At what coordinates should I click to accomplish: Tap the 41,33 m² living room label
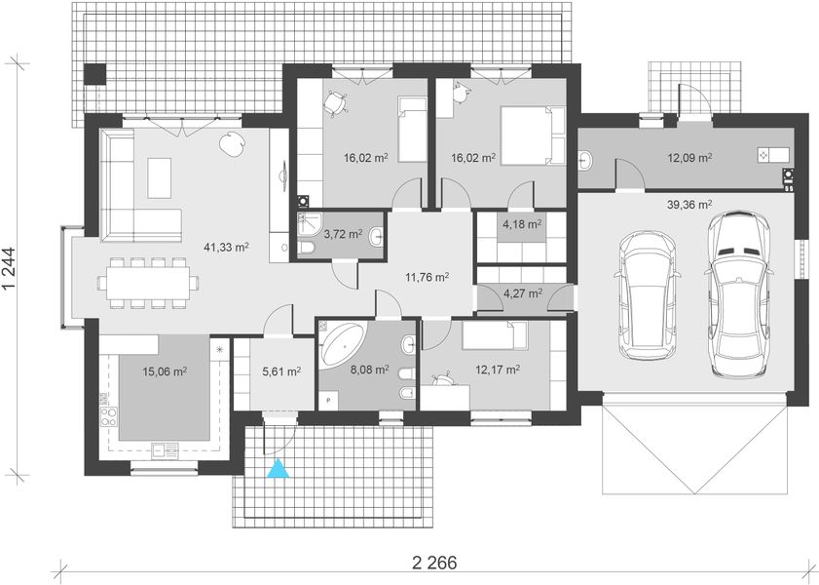coord(226,247)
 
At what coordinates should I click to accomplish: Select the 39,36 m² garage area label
coord(689,205)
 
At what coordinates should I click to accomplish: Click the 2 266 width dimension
coord(434,563)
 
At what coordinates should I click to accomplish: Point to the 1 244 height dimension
coord(10,269)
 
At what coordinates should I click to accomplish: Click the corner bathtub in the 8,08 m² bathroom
coord(343,344)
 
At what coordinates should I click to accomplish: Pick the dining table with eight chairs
coord(148,283)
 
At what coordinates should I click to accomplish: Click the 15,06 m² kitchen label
coord(165,371)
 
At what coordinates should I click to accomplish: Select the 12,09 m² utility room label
coord(690,157)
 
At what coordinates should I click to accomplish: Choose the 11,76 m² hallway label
coord(428,277)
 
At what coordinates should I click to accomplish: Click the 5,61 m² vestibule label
coord(281,371)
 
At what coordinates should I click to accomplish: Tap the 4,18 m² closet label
coord(522,225)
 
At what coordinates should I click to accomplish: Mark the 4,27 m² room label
coord(523,293)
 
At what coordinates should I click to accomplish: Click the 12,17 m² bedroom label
coord(498,370)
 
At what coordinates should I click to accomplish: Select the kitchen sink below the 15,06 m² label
coord(165,450)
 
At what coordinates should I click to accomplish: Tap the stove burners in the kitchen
coord(109,416)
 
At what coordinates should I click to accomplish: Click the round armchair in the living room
coord(232,143)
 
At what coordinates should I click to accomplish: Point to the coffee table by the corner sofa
coord(160,178)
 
